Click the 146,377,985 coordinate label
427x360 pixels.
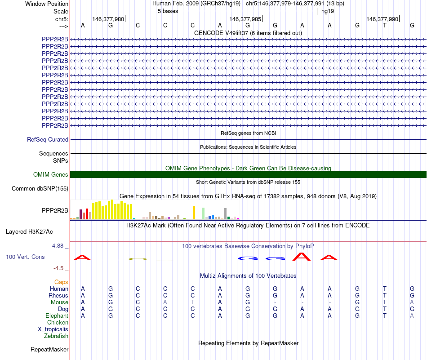[x=245, y=19]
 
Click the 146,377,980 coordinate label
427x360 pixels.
[x=108, y=19]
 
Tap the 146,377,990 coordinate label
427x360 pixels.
[x=382, y=19]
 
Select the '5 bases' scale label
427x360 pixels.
[x=168, y=11]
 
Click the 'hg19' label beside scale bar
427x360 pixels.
[x=327, y=11]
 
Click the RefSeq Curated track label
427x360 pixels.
[x=48, y=140]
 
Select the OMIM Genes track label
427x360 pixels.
[x=51, y=175]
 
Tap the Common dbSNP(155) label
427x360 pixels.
[x=40, y=189]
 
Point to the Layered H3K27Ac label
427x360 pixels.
[x=29, y=232]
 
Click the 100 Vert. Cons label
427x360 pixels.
[x=25, y=257]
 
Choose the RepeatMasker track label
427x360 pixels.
[x=49, y=349]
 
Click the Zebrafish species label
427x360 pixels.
[x=56, y=336]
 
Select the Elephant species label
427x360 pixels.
[x=57, y=316]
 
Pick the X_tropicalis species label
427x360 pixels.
[x=53, y=329]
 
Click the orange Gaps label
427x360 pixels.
[x=61, y=282]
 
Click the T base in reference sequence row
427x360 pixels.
[x=385, y=26]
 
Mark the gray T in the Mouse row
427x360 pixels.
[x=193, y=302]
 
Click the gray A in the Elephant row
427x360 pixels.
[x=412, y=316]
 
